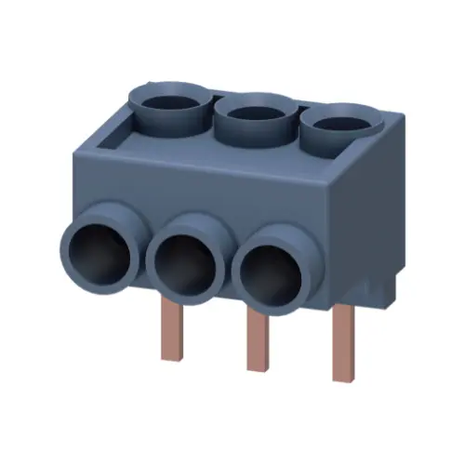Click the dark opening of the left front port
[x=98, y=251]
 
